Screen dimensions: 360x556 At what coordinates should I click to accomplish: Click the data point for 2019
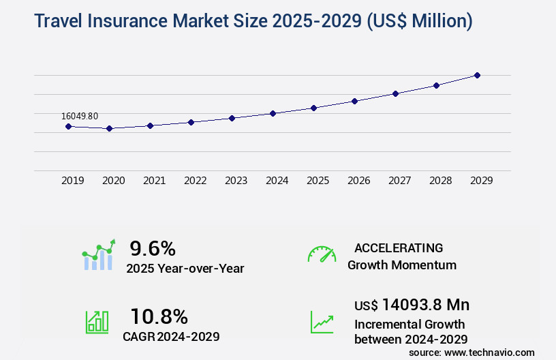[x=68, y=126]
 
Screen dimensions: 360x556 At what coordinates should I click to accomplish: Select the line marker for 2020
[x=109, y=128]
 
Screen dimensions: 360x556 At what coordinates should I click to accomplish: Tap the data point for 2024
[x=273, y=113]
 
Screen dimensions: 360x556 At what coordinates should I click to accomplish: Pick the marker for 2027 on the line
[x=395, y=93]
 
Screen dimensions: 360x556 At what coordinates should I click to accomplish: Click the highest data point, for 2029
[x=477, y=75]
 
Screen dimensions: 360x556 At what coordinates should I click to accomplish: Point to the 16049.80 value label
[x=79, y=116]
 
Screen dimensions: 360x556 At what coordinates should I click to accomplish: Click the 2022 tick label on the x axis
[x=195, y=181]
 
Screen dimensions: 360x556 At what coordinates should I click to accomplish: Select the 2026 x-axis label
[x=358, y=181]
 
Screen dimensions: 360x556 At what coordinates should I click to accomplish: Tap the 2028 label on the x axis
[x=440, y=181]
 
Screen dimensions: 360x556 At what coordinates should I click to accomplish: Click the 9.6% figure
[x=153, y=248]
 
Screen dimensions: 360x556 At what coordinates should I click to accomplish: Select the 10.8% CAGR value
[x=159, y=316]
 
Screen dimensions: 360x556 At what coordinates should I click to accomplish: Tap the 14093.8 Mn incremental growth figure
[x=425, y=305]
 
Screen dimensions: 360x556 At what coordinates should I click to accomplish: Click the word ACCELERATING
[x=399, y=247]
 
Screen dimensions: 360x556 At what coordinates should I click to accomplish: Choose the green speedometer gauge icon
[x=322, y=254]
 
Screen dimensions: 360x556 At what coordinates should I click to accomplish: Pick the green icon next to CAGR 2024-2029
[x=97, y=322]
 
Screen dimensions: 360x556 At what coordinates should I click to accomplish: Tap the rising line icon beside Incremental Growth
[x=322, y=322]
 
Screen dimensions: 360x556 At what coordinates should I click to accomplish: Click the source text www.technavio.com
[x=489, y=352]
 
